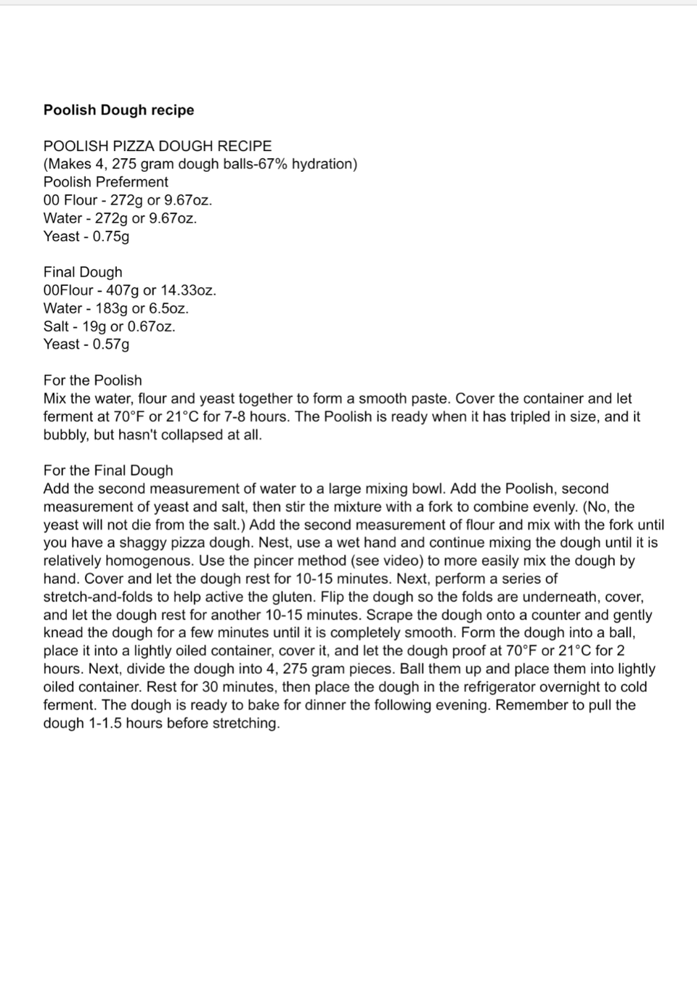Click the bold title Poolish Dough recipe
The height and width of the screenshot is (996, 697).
(118, 110)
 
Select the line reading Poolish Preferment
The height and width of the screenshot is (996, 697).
(105, 182)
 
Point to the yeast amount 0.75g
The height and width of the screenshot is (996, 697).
(111, 236)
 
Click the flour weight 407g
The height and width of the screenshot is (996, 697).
(123, 290)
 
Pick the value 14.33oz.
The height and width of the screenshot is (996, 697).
(188, 290)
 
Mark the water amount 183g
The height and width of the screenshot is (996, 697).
(111, 308)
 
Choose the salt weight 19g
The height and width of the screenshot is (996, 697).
(94, 326)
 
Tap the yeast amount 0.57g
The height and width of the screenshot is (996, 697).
(111, 345)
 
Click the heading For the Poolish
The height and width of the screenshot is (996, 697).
(92, 380)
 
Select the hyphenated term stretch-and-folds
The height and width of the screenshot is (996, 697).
(99, 597)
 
